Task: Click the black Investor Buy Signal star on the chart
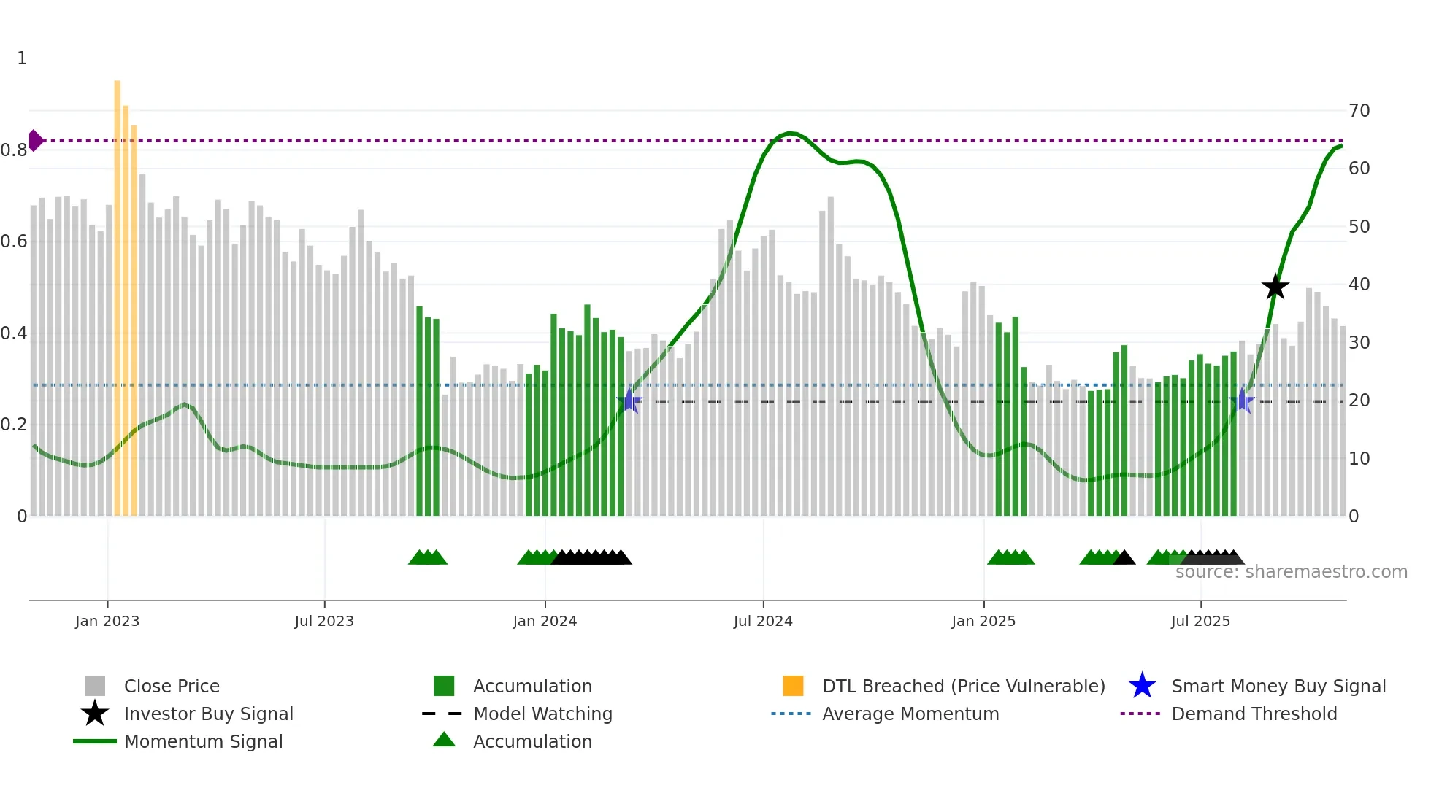(1275, 287)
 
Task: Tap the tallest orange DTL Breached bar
(117, 292)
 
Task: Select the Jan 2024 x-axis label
(545, 621)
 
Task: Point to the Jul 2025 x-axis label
(1200, 621)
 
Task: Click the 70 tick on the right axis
(1359, 111)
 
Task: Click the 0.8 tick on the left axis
(14, 150)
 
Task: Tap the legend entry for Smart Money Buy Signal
(1278, 686)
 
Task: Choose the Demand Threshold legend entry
(1254, 714)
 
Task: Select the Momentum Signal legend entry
(203, 741)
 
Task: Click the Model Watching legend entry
(542, 714)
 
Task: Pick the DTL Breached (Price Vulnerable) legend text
(963, 686)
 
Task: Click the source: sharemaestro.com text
(1291, 572)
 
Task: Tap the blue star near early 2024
(629, 401)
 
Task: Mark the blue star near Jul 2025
(1242, 401)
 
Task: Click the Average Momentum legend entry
(910, 714)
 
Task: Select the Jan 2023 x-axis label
(107, 621)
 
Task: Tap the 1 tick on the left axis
(22, 58)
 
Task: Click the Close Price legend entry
(171, 686)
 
